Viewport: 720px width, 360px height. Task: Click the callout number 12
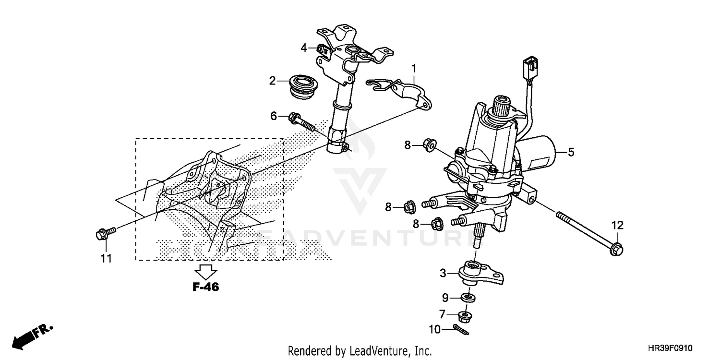coord(617,225)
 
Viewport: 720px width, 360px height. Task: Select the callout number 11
coord(106,259)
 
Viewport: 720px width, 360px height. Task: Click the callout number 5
coord(571,153)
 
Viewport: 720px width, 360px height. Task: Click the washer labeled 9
coord(468,298)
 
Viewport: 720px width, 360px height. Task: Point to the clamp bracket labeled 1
coord(403,91)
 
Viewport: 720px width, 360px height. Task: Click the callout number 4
coord(304,48)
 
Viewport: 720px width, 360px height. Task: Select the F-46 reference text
coord(205,288)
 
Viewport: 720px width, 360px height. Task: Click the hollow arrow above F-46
coord(207,271)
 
